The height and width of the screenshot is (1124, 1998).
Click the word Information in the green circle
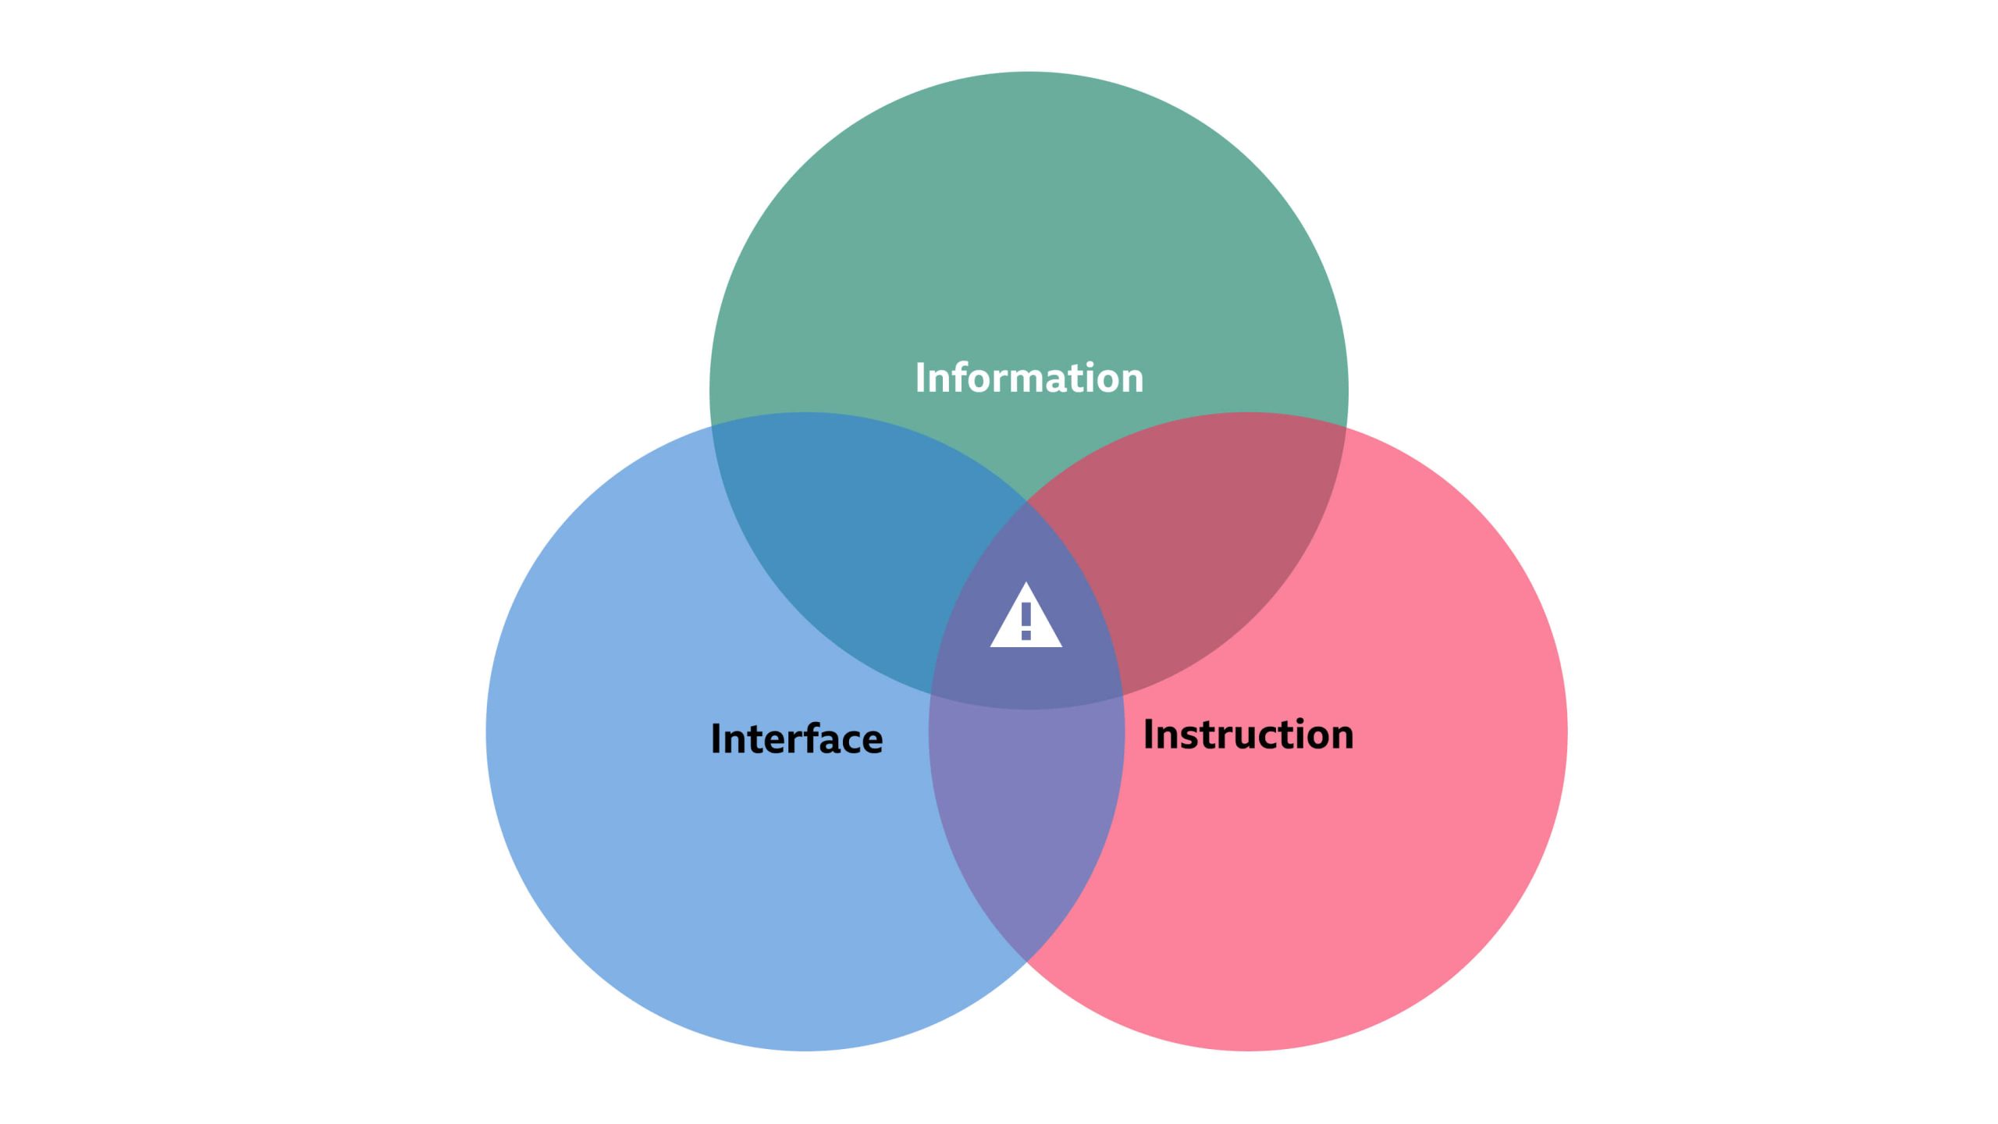click(x=1029, y=378)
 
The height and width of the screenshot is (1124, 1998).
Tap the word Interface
click(x=796, y=738)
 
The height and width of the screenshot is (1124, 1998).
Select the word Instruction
click(x=1248, y=735)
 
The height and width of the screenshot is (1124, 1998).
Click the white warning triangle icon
click(x=1026, y=620)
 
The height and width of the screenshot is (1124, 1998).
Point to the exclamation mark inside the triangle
click(x=1026, y=621)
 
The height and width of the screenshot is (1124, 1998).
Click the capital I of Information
click(x=920, y=378)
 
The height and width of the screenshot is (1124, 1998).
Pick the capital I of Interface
click(x=716, y=738)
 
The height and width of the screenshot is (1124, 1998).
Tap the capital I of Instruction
click(x=1149, y=735)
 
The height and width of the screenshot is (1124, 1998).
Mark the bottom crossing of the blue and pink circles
click(x=1026, y=960)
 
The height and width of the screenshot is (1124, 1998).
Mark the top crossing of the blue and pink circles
click(x=1026, y=503)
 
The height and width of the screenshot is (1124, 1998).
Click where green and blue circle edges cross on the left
click(x=712, y=426)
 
